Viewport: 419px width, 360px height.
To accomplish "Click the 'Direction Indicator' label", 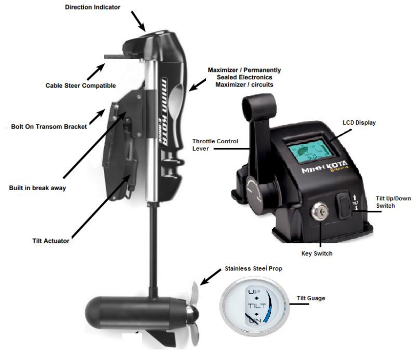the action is tap(92, 7).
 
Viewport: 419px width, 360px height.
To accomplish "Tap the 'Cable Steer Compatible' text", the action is tap(80, 86).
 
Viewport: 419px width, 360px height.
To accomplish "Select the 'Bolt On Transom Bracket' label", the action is tap(49, 127).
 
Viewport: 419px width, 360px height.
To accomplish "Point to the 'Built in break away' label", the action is tap(37, 188).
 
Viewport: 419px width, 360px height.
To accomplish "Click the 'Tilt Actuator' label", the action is tap(51, 241).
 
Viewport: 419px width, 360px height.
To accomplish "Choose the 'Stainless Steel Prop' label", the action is tap(253, 268).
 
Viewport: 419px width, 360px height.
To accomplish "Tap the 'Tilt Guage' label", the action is tap(311, 298).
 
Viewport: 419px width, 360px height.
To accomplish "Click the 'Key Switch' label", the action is tap(317, 253).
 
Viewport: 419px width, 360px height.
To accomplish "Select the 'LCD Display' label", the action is tap(359, 122).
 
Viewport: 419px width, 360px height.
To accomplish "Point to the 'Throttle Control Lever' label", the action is tap(215, 145).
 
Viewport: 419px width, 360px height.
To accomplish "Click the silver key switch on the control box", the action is tap(320, 211).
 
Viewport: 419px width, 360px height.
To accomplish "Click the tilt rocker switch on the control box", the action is tap(343, 205).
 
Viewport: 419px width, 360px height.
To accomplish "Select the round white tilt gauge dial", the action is tap(255, 306).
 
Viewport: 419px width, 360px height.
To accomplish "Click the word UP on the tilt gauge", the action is tap(254, 291).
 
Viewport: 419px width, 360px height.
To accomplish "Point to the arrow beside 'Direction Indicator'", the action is tap(138, 22).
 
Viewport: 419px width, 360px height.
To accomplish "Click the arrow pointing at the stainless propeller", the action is tap(211, 277).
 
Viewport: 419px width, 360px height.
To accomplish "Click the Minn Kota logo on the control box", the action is tap(325, 167).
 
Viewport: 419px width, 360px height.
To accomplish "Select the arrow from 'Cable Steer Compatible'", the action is tap(95, 71).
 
